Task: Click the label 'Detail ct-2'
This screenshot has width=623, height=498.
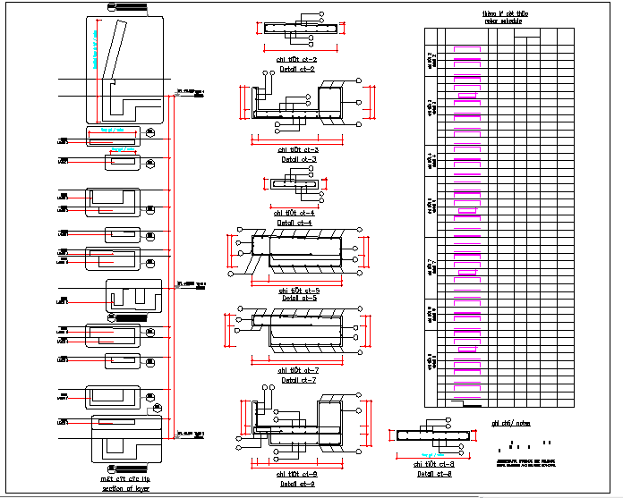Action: pos(296,69)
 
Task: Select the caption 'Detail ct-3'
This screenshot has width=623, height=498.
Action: pos(299,160)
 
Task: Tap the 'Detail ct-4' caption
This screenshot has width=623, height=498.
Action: pos(296,223)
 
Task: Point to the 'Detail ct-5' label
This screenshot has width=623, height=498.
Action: pos(299,299)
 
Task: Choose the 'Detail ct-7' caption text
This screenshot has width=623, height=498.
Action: pos(299,380)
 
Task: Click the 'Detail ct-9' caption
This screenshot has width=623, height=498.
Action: pos(299,484)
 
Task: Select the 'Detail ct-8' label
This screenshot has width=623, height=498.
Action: pos(433,474)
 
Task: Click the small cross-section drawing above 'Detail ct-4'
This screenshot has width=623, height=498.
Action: pos(294,183)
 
